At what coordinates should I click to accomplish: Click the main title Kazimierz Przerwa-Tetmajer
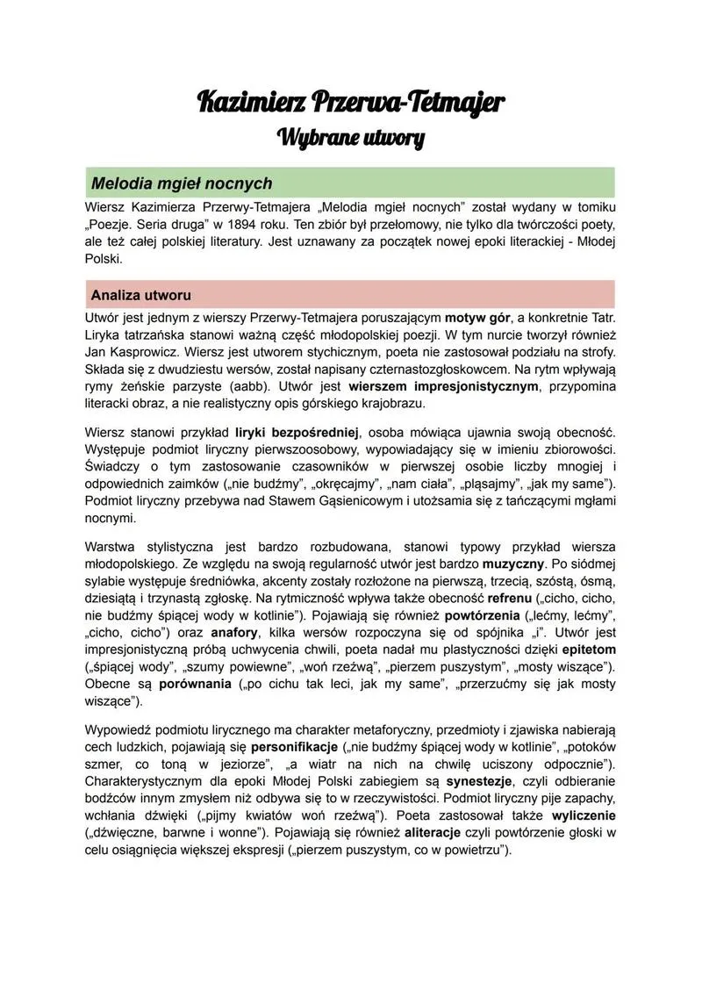pos(351,102)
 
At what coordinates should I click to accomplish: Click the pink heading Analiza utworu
pos(140,294)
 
